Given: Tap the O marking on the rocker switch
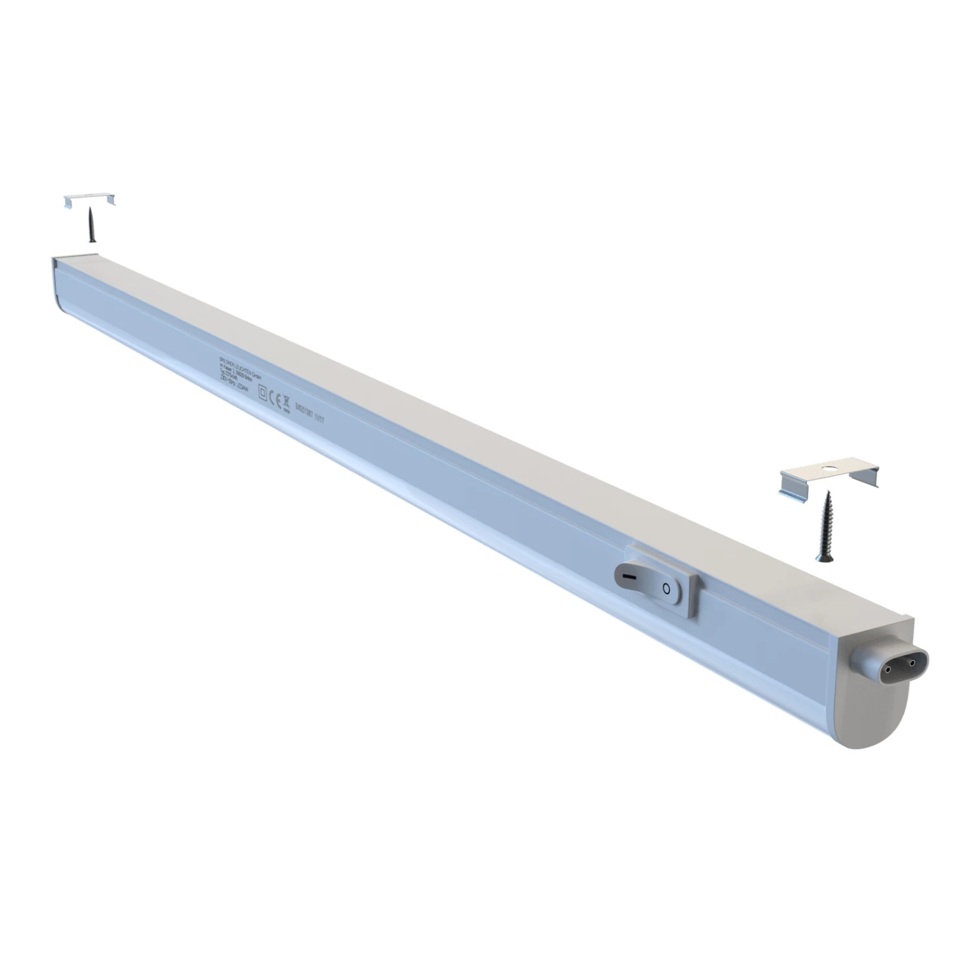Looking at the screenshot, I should point(665,588).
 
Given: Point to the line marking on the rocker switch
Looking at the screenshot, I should point(625,574).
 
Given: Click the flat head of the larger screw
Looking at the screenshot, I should point(823,557).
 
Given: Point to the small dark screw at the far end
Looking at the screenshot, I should point(91,224).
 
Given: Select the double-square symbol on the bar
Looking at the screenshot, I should point(263,393).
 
